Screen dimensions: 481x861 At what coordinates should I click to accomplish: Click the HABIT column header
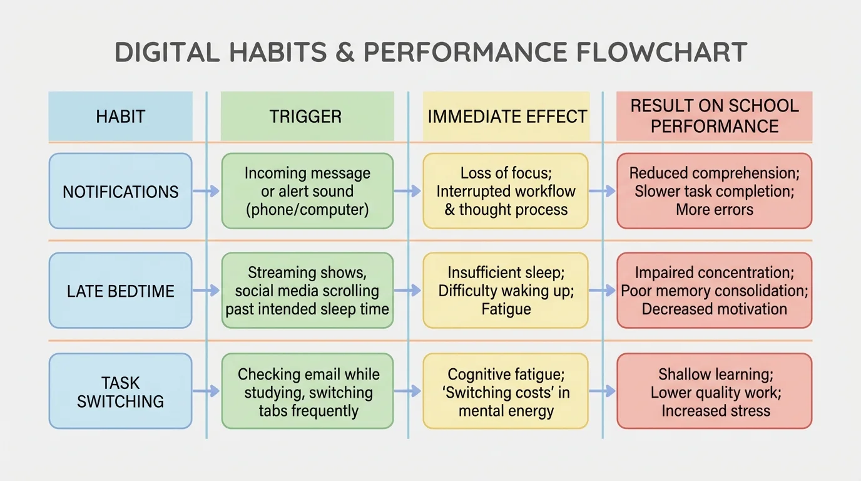121,116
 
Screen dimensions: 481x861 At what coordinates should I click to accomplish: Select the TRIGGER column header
306,116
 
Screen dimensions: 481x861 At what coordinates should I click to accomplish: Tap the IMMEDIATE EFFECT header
507,116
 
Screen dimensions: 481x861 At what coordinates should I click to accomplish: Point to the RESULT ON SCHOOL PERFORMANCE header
715,116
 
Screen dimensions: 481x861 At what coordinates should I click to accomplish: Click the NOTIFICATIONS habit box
121,191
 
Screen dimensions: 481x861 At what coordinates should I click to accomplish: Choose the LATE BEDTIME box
121,291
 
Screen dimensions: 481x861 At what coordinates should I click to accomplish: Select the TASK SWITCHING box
121,391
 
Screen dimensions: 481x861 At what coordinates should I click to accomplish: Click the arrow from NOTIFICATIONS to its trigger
206,191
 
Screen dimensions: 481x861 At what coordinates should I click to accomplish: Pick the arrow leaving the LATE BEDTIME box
206,291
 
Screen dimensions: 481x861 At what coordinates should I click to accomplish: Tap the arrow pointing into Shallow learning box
603,391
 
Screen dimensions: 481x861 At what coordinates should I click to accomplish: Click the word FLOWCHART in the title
661,53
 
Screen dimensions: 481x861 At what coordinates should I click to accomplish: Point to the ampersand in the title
345,53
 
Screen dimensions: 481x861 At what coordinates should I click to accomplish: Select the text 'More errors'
715,209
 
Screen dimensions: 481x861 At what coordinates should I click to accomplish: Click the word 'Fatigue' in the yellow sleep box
506,309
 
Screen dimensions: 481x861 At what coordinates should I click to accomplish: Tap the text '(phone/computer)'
307,209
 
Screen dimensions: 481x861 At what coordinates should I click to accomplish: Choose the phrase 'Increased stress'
715,411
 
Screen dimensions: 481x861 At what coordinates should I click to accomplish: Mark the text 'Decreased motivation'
715,309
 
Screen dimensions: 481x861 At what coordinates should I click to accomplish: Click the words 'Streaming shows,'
307,272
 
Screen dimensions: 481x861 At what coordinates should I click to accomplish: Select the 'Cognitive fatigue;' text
506,375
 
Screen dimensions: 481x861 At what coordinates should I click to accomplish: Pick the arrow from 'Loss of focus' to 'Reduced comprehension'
603,191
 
